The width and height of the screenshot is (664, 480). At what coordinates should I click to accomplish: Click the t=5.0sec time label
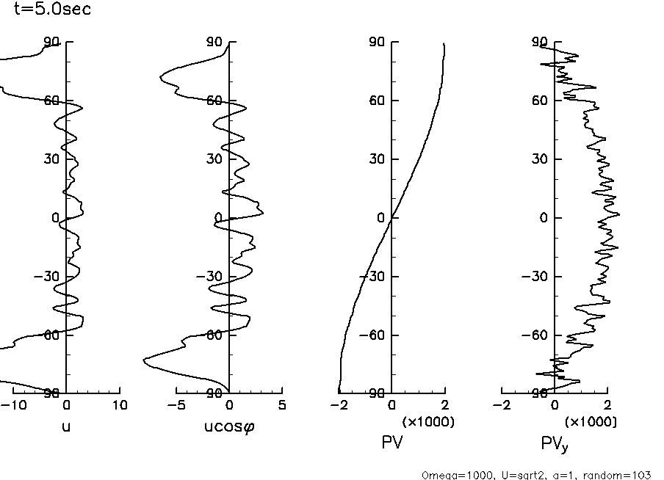point(53,10)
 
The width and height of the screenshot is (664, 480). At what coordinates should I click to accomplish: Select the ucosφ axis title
point(229,424)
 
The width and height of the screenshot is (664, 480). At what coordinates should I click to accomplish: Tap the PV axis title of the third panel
point(392,442)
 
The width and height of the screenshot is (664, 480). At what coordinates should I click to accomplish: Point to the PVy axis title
point(555,443)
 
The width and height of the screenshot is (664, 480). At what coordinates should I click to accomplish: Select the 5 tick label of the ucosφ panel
point(282,405)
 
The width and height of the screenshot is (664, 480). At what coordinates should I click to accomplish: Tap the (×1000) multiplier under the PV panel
point(427,422)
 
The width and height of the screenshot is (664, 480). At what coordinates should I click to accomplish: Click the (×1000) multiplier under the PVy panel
point(591,422)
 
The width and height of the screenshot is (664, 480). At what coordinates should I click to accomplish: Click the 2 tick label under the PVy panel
point(607,405)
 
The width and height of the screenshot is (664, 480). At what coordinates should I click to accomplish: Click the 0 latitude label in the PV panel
point(381,218)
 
